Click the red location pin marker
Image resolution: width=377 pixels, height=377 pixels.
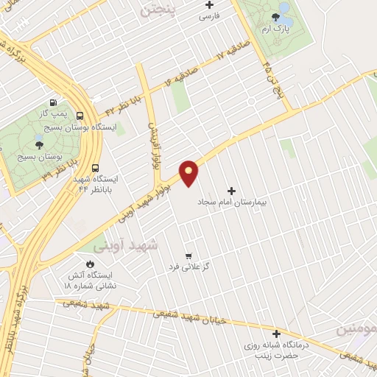(x=189, y=172)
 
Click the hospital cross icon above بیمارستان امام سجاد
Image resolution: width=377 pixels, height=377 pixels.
(x=233, y=189)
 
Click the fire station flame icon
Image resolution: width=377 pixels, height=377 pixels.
(x=90, y=264)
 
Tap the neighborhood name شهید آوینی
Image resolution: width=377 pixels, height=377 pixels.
(x=121, y=244)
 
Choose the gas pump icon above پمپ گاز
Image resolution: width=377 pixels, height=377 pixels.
(x=52, y=103)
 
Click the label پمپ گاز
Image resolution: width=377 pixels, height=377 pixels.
(x=52, y=113)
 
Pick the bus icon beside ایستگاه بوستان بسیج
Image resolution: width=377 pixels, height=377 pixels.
(x=80, y=115)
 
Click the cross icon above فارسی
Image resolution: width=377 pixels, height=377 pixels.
(x=209, y=5)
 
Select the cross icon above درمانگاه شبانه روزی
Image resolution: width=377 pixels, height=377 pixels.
(x=277, y=334)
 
